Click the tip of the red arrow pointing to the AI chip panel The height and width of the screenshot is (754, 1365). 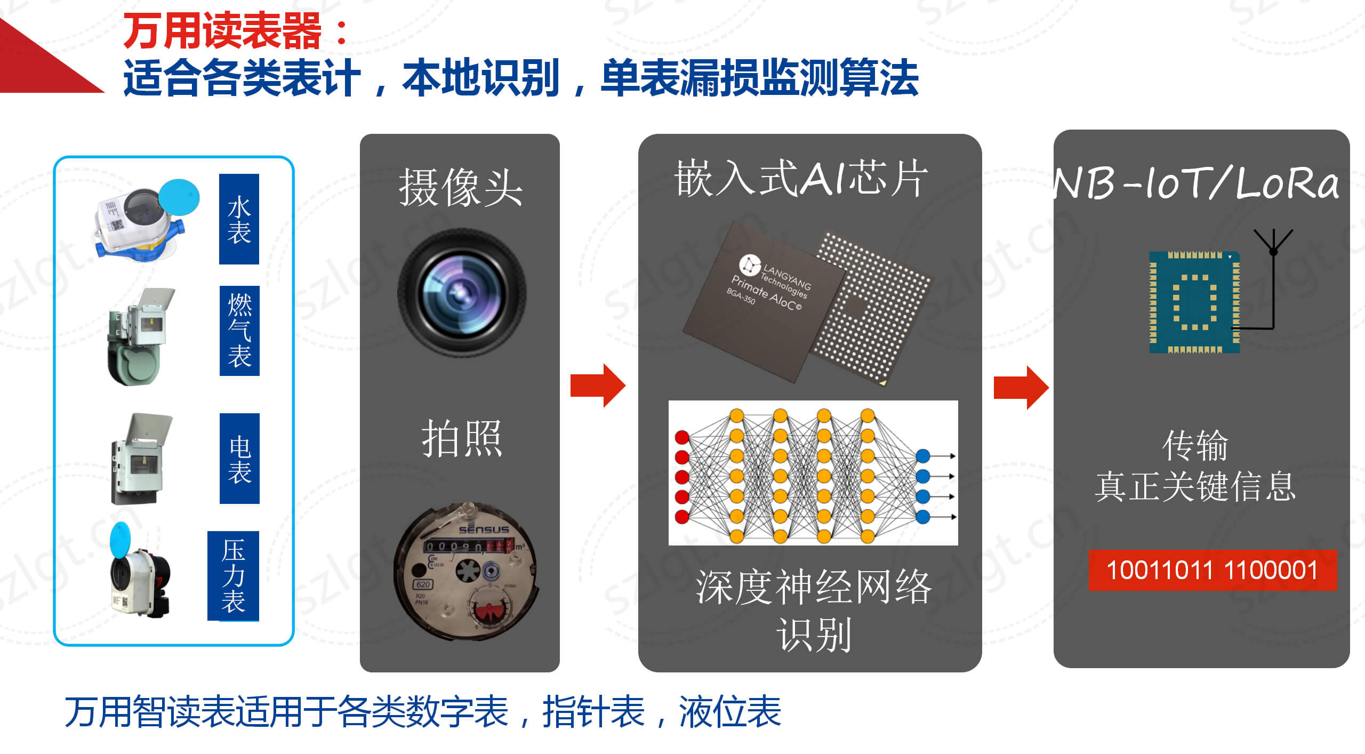coord(625,386)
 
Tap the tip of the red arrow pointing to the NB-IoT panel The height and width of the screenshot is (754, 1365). coord(1049,388)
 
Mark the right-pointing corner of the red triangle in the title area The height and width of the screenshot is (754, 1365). coord(105,92)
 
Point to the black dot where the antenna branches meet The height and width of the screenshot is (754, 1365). coord(1273,252)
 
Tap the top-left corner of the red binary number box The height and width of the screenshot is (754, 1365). coord(1089,550)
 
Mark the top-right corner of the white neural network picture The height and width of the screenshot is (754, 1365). coord(958,401)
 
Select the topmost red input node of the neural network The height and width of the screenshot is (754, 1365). coord(682,437)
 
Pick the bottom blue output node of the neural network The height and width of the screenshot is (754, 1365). coord(923,516)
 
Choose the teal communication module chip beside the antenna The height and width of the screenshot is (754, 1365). coord(1194,302)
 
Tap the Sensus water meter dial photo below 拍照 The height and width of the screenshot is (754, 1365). coord(465,571)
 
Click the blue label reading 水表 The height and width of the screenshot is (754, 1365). coord(239,219)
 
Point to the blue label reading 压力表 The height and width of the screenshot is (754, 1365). coord(233,576)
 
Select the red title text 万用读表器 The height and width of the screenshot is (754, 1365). coord(222,31)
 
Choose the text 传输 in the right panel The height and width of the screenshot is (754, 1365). coord(1195,445)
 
